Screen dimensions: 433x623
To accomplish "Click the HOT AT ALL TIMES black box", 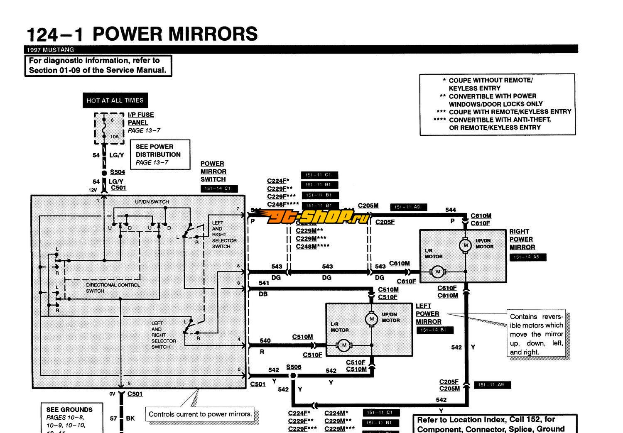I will [x=115, y=100].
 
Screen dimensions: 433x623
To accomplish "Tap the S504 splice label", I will [x=118, y=172].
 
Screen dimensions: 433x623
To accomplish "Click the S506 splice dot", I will [x=293, y=376].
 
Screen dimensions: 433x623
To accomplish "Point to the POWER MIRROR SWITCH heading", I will [x=213, y=171].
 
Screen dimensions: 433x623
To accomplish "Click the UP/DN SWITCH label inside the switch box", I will [x=152, y=202].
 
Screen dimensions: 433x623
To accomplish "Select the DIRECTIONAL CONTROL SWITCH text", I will [x=113, y=288].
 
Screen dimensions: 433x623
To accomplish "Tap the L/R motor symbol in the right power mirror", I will [x=437, y=272].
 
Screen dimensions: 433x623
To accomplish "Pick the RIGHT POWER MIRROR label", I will [x=522, y=240].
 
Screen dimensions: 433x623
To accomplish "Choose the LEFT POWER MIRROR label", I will [x=428, y=314].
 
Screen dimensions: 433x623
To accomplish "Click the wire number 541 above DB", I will [x=264, y=283].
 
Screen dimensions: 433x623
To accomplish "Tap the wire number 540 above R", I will [x=265, y=341].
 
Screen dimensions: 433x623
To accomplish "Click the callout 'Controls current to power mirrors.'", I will [x=200, y=414].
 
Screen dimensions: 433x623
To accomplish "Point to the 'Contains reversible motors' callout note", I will [x=536, y=334].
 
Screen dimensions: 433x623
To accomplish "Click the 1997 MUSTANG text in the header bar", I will [x=50, y=50].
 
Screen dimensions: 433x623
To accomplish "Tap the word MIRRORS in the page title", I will [x=211, y=34].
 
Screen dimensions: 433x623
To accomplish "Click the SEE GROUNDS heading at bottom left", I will [x=69, y=409].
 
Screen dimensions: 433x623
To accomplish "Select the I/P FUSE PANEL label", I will [x=140, y=119].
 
